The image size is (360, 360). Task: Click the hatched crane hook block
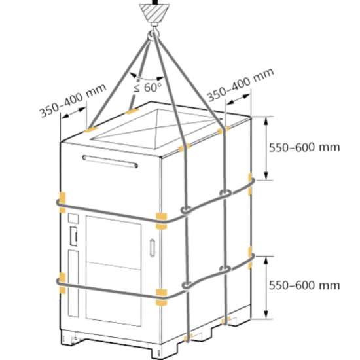[x=154, y=12]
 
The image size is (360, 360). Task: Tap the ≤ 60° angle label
[x=147, y=88]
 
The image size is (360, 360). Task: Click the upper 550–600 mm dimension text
[x=304, y=147]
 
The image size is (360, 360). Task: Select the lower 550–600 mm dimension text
[x=304, y=285]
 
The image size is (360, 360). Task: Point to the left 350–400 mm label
[x=73, y=100]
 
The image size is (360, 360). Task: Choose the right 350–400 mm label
[x=241, y=84]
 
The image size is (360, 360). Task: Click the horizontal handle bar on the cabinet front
[x=110, y=162]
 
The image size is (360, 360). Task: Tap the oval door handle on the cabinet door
[x=153, y=247]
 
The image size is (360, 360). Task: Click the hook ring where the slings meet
[x=152, y=35]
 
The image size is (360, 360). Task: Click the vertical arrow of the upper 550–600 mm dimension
[x=266, y=149]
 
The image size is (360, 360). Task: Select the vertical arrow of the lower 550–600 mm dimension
[x=266, y=287]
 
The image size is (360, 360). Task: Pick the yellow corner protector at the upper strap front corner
[x=162, y=221]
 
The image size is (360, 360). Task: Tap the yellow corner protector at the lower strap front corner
[x=162, y=298]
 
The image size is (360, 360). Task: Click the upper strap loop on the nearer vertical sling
[x=186, y=210]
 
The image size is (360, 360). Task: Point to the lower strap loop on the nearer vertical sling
[x=188, y=285]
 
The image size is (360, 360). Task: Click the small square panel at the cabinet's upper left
[x=73, y=219]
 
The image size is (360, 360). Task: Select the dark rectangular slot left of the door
[x=73, y=236]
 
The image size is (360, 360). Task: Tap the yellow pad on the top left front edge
[x=92, y=130]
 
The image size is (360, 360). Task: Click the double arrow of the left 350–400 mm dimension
[x=73, y=113]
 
